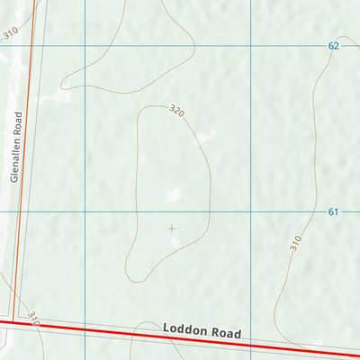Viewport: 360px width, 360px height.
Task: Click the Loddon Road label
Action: (203, 330)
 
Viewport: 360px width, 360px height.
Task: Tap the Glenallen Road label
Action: (14, 147)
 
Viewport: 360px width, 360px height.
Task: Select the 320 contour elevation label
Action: (176, 112)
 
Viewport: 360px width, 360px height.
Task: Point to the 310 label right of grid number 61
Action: (295, 242)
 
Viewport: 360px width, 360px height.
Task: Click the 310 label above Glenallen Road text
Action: (10, 33)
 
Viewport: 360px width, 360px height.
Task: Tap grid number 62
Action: (333, 45)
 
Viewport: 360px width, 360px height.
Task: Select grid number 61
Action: (333, 211)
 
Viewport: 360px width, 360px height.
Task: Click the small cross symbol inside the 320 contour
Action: (171, 229)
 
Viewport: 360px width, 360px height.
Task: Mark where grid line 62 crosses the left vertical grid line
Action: (85, 45)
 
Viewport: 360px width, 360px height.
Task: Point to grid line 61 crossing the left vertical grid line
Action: (85, 211)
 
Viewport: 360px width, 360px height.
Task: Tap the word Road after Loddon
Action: (227, 333)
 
